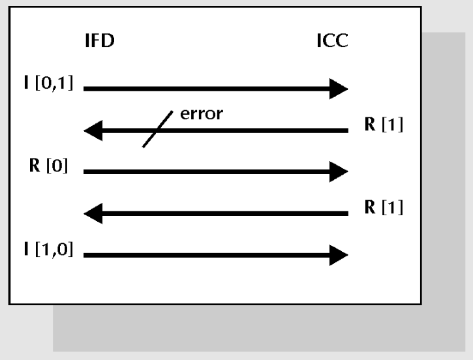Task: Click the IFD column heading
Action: (100, 40)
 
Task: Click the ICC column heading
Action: (333, 40)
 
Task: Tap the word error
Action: (202, 114)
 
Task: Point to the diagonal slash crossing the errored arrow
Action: (157, 129)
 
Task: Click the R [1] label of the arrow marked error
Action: (384, 124)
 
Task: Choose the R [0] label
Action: (48, 165)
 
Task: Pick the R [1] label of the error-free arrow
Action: (384, 207)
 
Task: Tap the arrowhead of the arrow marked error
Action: (93, 130)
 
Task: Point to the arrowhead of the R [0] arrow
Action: (339, 172)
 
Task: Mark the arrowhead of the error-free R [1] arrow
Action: (93, 213)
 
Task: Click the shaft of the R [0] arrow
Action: (207, 172)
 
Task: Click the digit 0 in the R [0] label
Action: (57, 166)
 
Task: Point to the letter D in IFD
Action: (108, 40)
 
